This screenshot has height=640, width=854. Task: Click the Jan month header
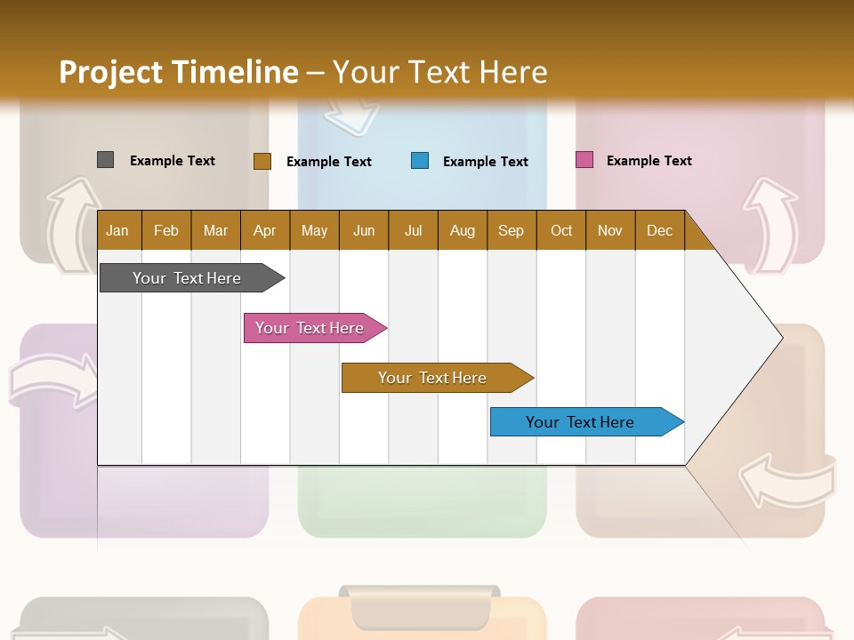pyautogui.click(x=117, y=230)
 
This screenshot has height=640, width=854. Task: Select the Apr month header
pyautogui.click(x=264, y=230)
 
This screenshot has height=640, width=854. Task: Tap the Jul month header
pyautogui.click(x=413, y=230)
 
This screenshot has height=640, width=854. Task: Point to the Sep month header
pyautogui.click(x=511, y=230)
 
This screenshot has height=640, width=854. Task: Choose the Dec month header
pyautogui.click(x=659, y=230)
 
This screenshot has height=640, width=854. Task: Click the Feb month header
pyautogui.click(x=166, y=230)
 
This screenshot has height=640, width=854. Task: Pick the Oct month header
pyautogui.click(x=561, y=230)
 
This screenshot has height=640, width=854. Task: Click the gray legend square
pyautogui.click(x=105, y=160)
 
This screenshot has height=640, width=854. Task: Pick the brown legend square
pyautogui.click(x=262, y=161)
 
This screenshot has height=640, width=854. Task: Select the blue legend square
pyautogui.click(x=420, y=161)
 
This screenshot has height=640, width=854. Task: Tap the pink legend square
pyautogui.click(x=584, y=160)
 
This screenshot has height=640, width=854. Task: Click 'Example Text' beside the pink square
pyautogui.click(x=649, y=161)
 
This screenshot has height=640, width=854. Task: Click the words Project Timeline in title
pyautogui.click(x=178, y=72)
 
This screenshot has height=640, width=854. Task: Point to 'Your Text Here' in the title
pyautogui.click(x=439, y=72)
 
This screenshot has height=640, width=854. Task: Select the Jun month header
pyautogui.click(x=364, y=230)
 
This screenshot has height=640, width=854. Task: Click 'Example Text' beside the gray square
pyautogui.click(x=173, y=161)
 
